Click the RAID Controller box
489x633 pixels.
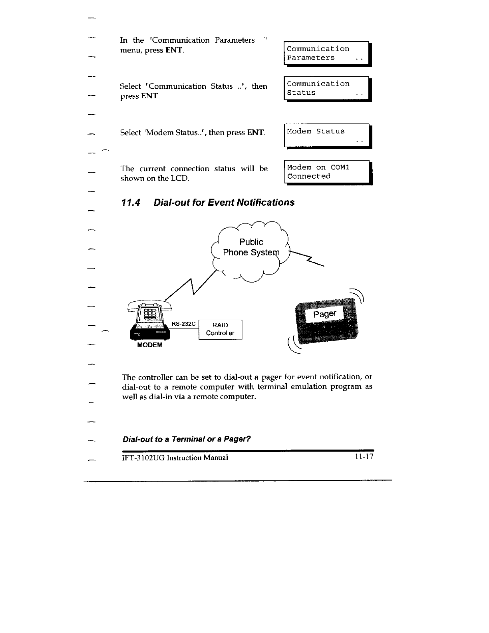[220, 330]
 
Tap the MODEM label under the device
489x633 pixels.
[150, 345]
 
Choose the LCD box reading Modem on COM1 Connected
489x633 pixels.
[328, 172]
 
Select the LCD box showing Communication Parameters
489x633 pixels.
[327, 53]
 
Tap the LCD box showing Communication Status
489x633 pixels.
[327, 88]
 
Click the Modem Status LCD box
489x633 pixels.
[327, 136]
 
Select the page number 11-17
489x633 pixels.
[363, 457]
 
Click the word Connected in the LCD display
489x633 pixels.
[309, 176]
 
